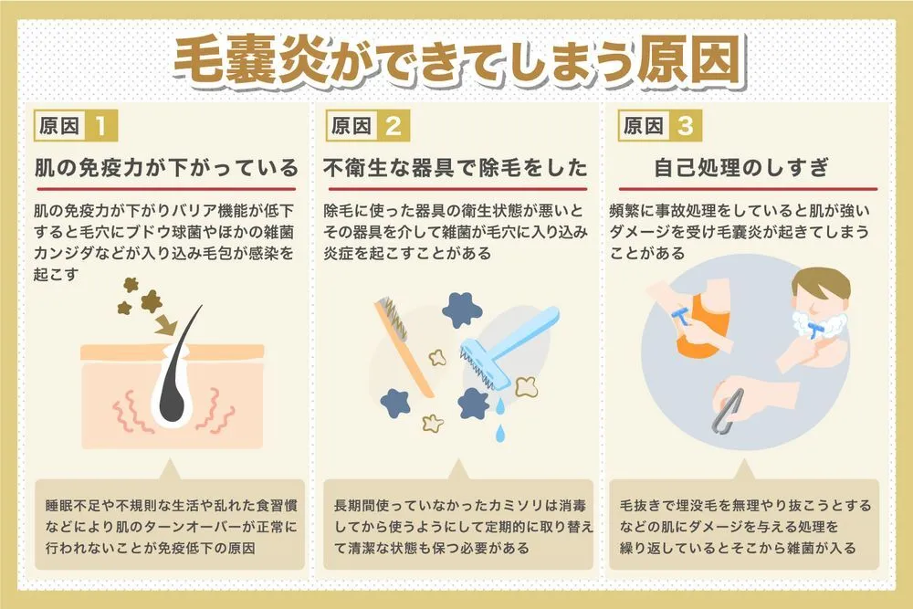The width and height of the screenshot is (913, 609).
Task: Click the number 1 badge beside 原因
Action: pos(100,126)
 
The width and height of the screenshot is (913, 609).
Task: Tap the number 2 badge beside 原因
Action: pos(393,126)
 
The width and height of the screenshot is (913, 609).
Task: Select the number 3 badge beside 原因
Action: pos(686,126)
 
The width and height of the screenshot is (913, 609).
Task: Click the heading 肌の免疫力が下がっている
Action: pos(166,168)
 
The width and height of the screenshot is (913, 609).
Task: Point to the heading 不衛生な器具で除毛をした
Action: pos(456,168)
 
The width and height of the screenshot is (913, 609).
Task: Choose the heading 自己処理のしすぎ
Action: pos(741,168)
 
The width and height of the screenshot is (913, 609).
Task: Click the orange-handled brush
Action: pos(404,345)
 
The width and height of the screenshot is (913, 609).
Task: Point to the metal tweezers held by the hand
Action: pos(729,411)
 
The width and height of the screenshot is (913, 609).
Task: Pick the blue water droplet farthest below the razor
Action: pos(499,433)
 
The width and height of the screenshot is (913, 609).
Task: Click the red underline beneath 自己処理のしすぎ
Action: pos(748,189)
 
